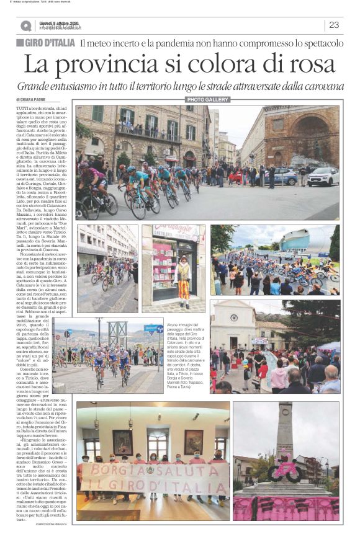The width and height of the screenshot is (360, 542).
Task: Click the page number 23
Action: (x=334, y=25)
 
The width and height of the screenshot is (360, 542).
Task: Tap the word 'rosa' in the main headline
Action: (x=305, y=64)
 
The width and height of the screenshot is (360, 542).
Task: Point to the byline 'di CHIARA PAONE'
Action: (x=33, y=100)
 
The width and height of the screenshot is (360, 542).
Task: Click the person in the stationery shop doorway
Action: (x=184, y=276)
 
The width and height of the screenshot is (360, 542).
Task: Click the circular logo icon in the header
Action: (x=25, y=25)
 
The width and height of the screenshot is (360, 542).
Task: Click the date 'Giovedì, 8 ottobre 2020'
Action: (x=60, y=23)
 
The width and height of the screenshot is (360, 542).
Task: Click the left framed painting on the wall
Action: (x=122, y=442)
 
